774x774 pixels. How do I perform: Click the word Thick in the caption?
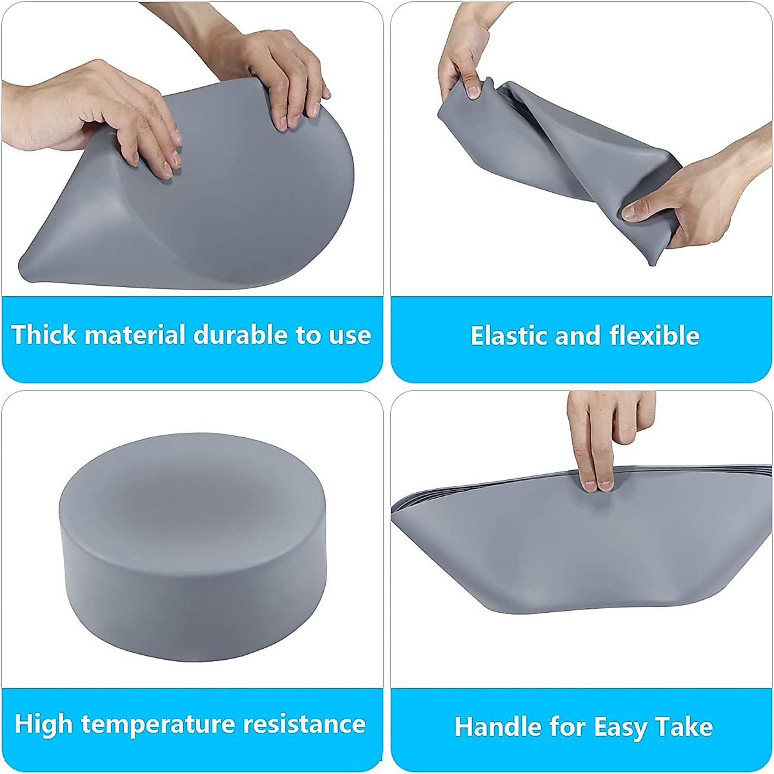tap(44, 335)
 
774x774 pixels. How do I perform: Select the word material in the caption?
tap(135, 335)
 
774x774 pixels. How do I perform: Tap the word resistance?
tap(304, 724)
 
